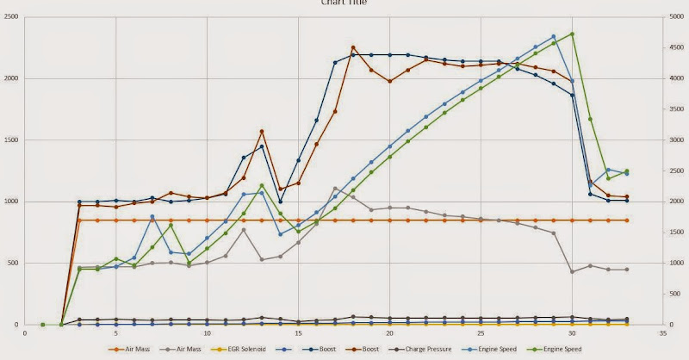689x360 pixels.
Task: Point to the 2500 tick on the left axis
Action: pos(11,17)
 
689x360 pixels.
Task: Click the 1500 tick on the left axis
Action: pos(11,140)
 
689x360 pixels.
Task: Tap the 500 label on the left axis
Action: pos(14,264)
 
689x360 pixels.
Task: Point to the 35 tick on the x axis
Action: pos(663,332)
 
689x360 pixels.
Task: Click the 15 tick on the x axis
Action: pos(298,332)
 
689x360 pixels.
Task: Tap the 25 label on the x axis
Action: pos(481,332)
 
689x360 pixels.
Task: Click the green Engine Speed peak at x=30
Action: pos(572,34)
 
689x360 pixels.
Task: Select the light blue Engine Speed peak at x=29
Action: pos(554,36)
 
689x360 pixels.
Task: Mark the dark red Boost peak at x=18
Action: pos(353,47)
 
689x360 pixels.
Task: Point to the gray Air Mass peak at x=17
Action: pos(335,188)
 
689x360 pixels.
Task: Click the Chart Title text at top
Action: pos(344,3)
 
